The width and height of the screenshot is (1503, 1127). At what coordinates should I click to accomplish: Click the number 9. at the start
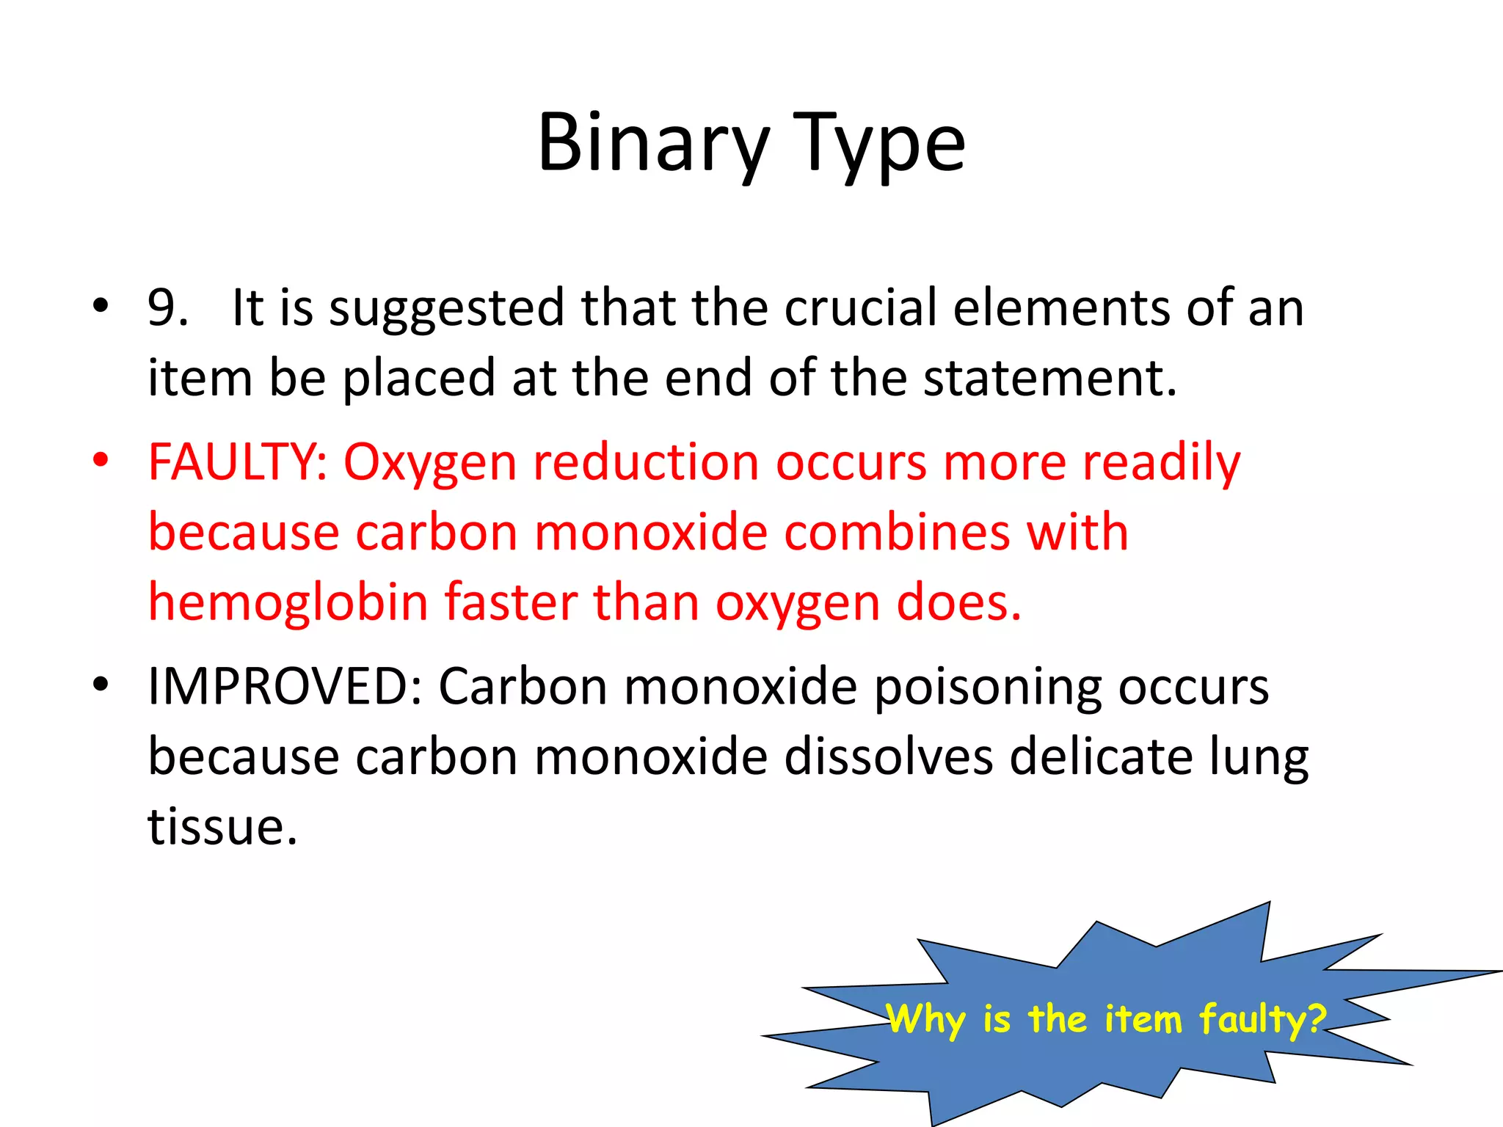click(x=167, y=307)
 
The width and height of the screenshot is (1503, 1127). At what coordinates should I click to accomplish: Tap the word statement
click(x=1049, y=379)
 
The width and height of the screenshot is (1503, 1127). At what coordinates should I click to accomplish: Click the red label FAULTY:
click(x=238, y=463)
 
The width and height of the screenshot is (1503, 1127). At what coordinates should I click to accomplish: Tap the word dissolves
click(x=888, y=757)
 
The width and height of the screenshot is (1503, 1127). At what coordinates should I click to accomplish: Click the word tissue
click(x=222, y=828)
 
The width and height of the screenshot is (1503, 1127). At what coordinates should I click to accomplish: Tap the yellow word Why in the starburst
click(x=926, y=1020)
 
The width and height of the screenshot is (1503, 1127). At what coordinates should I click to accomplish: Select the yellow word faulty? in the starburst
click(x=1262, y=1020)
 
